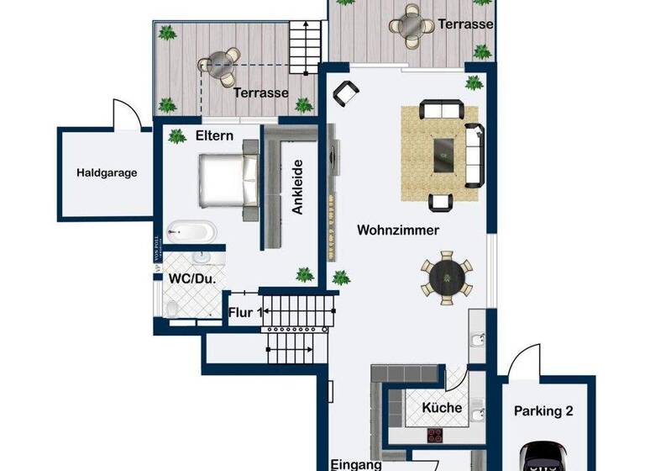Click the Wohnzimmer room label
tap(398, 230)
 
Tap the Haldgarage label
tap(107, 173)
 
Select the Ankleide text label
tap(297, 188)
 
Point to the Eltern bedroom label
tap(213, 135)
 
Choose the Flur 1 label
tap(244, 312)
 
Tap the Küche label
tap(442, 408)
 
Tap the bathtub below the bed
tap(191, 230)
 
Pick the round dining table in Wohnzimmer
tap(446, 276)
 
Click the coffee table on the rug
tap(442, 153)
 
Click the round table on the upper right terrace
tap(409, 25)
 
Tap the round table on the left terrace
tap(217, 66)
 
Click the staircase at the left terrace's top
tap(306, 40)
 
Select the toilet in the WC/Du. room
tap(172, 310)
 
